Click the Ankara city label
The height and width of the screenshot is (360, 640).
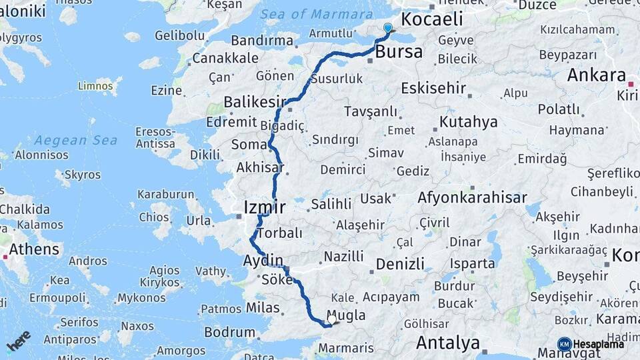pos(596,75)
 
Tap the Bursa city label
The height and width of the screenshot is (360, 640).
pos(399,51)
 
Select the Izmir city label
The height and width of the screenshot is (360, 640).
pos(265,207)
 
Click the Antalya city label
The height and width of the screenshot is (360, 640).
pos(448,343)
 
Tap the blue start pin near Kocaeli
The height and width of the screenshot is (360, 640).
pos(388,28)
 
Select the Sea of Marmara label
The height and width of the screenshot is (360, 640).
pos(316,14)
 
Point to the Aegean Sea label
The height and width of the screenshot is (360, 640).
pos(75,140)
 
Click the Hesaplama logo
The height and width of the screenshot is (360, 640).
pos(590,344)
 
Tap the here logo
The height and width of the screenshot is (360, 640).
pos(19,341)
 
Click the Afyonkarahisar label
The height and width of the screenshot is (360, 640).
pos(472,197)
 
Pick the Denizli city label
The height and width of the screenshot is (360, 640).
pos(400,263)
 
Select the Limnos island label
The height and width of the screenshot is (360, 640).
pos(95,86)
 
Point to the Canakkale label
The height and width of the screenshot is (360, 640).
pos(225,58)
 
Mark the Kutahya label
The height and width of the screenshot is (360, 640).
pos(468,122)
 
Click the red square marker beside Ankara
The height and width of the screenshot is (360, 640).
pos(631,84)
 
